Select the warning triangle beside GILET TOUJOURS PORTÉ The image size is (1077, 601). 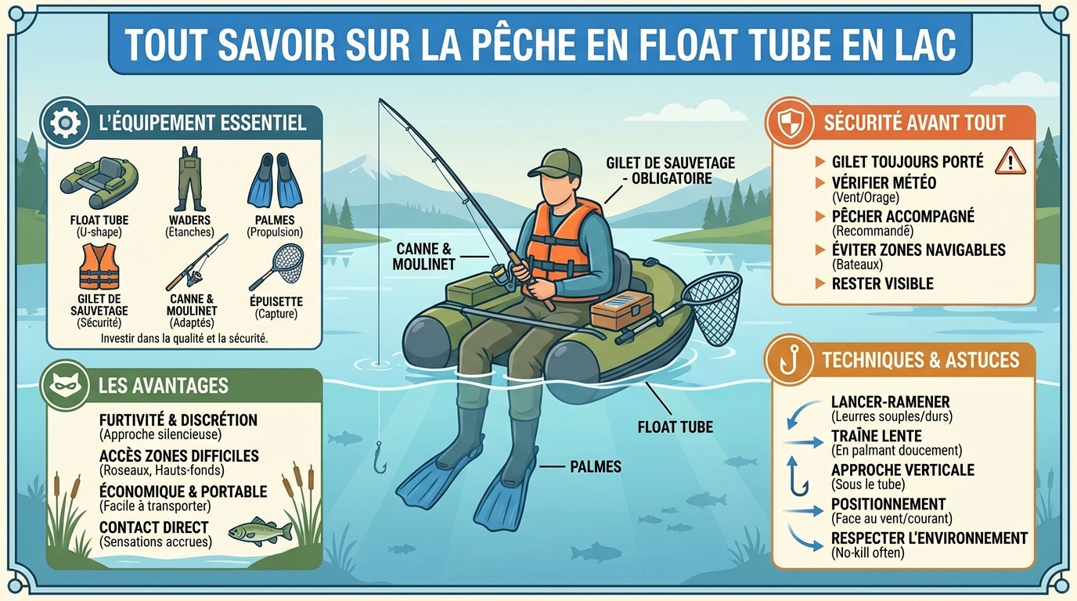coord(1010,160)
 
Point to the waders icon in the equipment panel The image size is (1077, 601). coord(189,178)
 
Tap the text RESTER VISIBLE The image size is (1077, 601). coord(882,284)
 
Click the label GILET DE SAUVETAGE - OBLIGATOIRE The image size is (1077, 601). coord(670,170)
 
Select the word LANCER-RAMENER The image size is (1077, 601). coord(890,402)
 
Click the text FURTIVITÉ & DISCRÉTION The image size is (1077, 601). coord(178,420)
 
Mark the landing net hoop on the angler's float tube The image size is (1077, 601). coord(712,307)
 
